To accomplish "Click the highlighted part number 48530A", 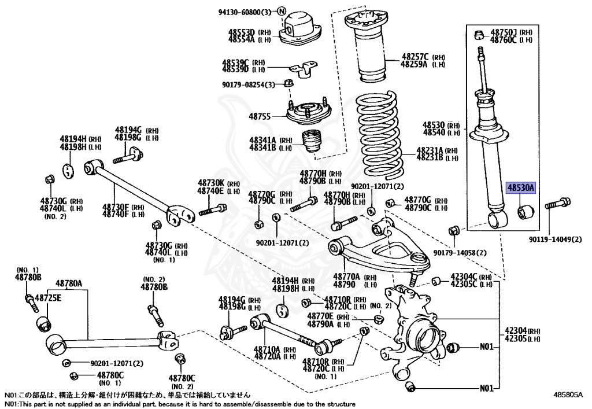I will [x=521, y=187].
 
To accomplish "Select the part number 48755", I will [x=261, y=116].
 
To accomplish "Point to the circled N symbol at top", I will [x=282, y=11].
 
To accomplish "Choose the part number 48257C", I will [x=415, y=57].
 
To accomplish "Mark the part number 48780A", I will [x=69, y=283].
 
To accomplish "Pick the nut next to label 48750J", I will [x=480, y=35].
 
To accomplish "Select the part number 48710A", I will [x=267, y=349].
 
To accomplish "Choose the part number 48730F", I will [x=116, y=207].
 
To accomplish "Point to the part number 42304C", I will [x=462, y=277].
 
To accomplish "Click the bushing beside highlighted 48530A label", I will [x=526, y=211].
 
